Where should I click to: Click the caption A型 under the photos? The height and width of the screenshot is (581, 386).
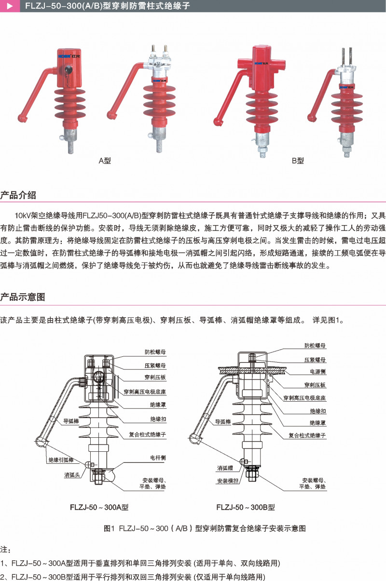(105, 161)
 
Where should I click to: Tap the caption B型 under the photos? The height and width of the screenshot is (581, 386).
(298, 161)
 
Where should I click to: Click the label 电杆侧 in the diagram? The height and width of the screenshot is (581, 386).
(158, 458)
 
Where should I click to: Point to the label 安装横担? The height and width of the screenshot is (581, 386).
(225, 481)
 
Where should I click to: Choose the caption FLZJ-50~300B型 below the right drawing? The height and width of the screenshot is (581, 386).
(246, 507)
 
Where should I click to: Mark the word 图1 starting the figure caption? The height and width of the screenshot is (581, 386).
(109, 528)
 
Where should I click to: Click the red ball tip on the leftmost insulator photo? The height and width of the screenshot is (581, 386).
(22, 117)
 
